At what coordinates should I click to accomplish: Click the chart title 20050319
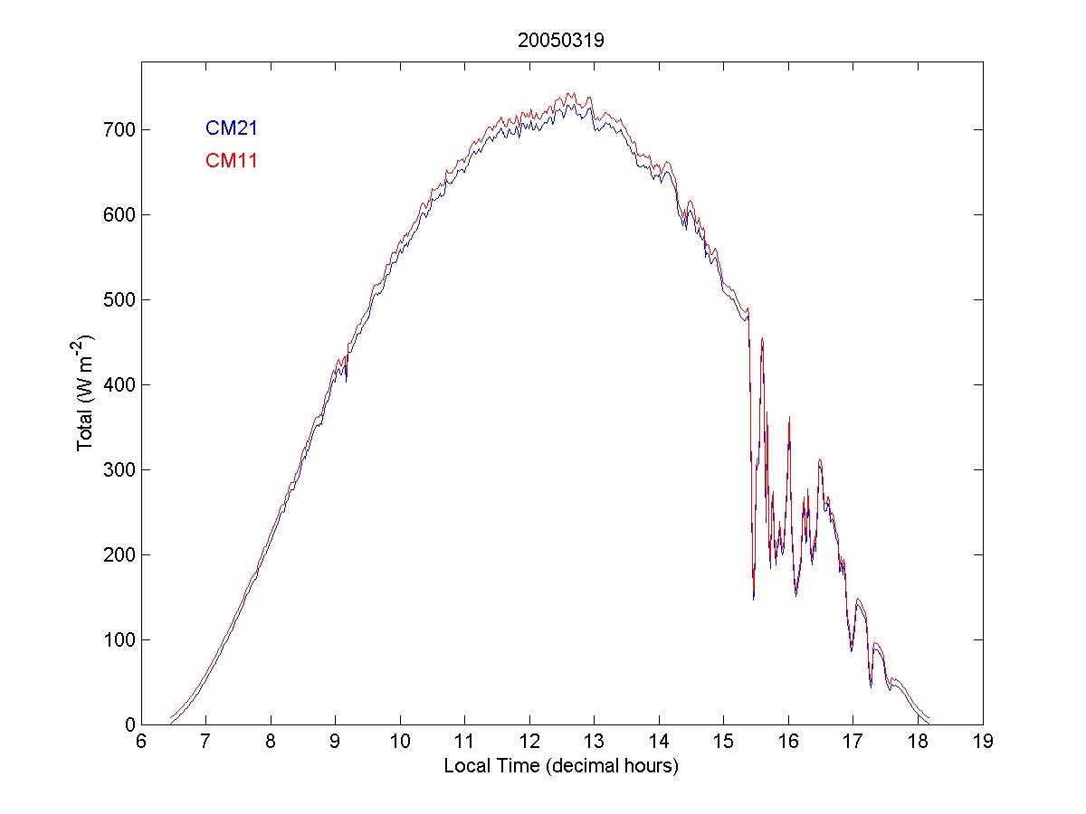pyautogui.click(x=561, y=40)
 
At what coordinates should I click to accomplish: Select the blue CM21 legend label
pyautogui.click(x=232, y=128)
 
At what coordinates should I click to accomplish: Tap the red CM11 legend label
pyautogui.click(x=232, y=161)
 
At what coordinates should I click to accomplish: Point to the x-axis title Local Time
pyautogui.click(x=561, y=766)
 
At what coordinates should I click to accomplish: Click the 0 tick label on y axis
pyautogui.click(x=126, y=724)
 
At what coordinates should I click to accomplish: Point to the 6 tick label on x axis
pyautogui.click(x=141, y=742)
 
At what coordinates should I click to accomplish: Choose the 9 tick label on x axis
pyautogui.click(x=336, y=742)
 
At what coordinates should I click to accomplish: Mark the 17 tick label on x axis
pyautogui.click(x=853, y=742)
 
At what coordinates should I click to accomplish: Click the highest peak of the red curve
pyautogui.click(x=570, y=92)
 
